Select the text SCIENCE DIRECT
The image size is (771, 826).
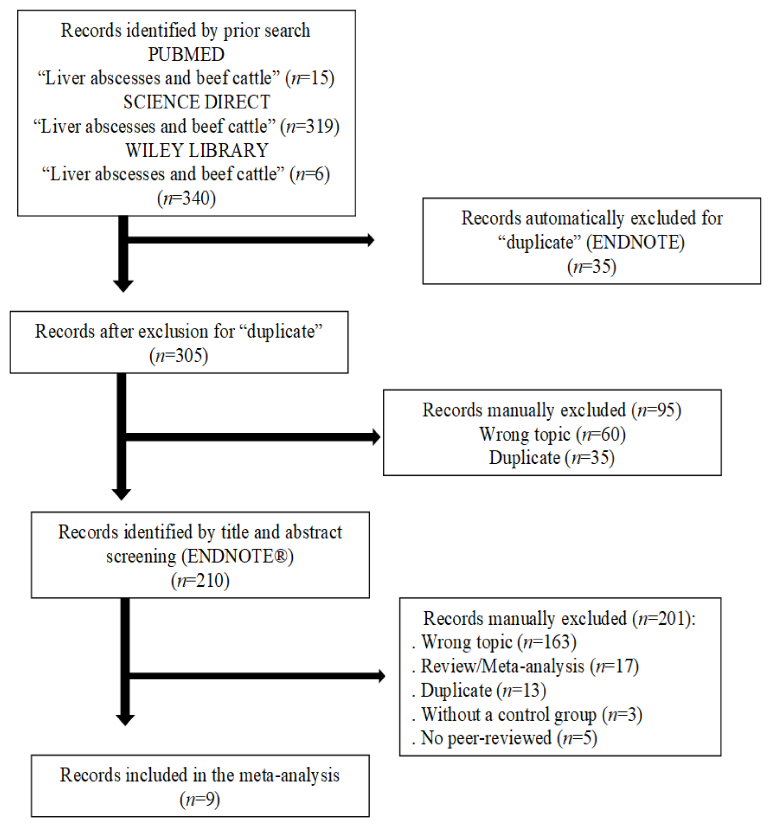pyautogui.click(x=196, y=102)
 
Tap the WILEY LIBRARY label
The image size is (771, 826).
pyautogui.click(x=197, y=150)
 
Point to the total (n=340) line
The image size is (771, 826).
pyautogui.click(x=186, y=198)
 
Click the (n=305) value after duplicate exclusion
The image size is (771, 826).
pyautogui.click(x=179, y=356)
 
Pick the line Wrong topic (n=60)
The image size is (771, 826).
pyautogui.click(x=552, y=434)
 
